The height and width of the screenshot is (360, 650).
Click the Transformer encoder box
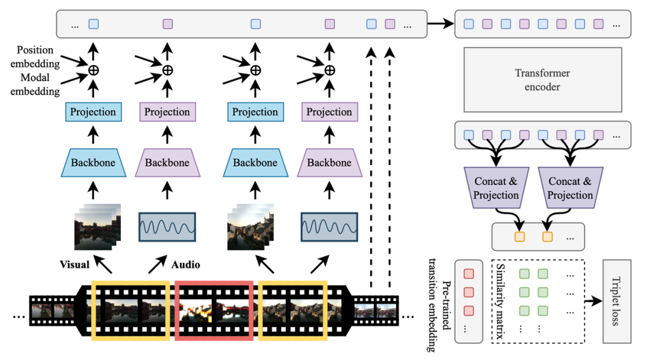pyautogui.click(x=542, y=79)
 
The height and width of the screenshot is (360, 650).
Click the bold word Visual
pyautogui.click(x=74, y=264)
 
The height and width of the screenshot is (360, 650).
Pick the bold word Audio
pyautogui.click(x=186, y=264)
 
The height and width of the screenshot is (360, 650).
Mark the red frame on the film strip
pyautogui.click(x=214, y=311)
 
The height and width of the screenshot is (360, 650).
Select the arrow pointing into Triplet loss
pyautogui.click(x=593, y=301)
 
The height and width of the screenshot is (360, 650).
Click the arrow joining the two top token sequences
pyautogui.click(x=440, y=25)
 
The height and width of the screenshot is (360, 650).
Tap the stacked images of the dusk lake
pyautogui.click(x=96, y=227)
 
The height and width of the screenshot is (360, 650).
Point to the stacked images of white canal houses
pyautogui.click(x=252, y=227)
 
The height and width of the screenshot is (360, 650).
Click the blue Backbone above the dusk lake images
pyautogui.click(x=93, y=163)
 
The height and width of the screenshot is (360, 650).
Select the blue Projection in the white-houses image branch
pyautogui.click(x=255, y=112)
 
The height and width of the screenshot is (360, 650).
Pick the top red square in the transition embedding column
pyautogui.click(x=469, y=274)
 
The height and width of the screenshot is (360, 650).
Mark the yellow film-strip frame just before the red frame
pyautogui.click(x=131, y=311)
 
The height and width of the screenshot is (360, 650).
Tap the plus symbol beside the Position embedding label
pyautogui.click(x=93, y=70)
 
